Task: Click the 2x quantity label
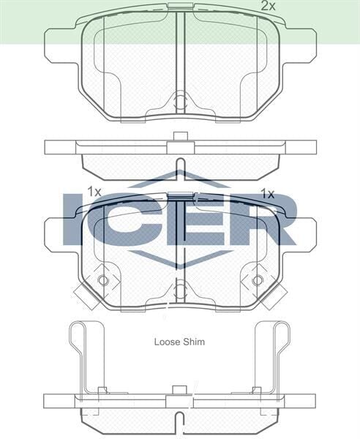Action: [x=269, y=6]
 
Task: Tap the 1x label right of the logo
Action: [x=267, y=194]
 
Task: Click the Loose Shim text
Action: [x=179, y=342]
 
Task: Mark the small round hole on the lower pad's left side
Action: [x=102, y=281]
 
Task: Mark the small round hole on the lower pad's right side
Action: [x=257, y=281]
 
